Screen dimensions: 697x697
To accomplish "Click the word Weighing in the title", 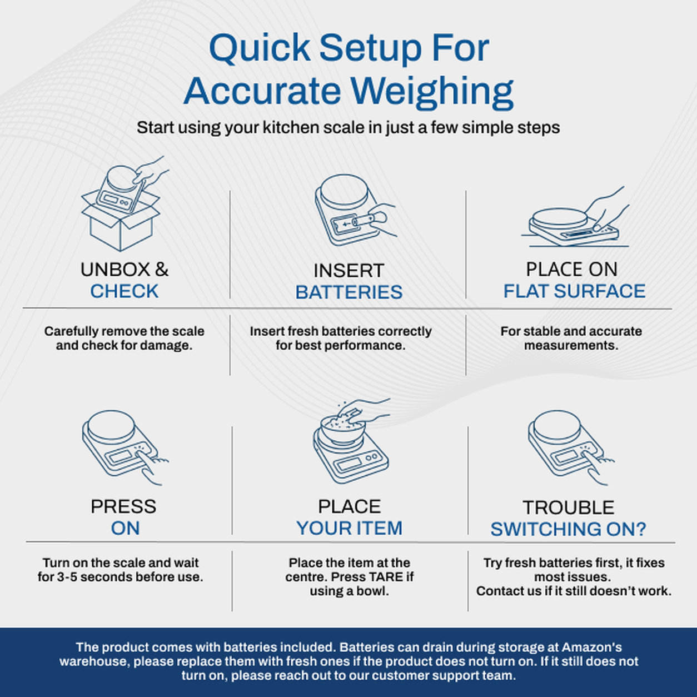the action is click(x=432, y=92).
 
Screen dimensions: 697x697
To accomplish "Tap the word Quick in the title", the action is click(x=260, y=48).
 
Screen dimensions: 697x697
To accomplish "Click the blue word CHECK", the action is click(x=125, y=291).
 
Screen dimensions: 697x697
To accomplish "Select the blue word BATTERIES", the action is click(x=348, y=292).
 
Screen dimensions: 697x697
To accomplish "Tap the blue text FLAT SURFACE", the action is click(x=574, y=291).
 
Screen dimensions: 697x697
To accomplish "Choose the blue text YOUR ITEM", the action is click(x=350, y=528).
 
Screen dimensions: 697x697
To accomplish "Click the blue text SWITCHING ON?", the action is click(x=568, y=529).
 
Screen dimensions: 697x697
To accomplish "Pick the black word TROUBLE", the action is click(x=569, y=507).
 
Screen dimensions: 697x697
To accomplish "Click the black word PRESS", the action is click(x=124, y=506).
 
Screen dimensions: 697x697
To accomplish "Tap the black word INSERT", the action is click(x=348, y=271).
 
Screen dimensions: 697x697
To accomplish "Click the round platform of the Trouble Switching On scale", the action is click(x=557, y=426).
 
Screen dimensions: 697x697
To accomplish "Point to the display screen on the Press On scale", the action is click(x=121, y=457).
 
